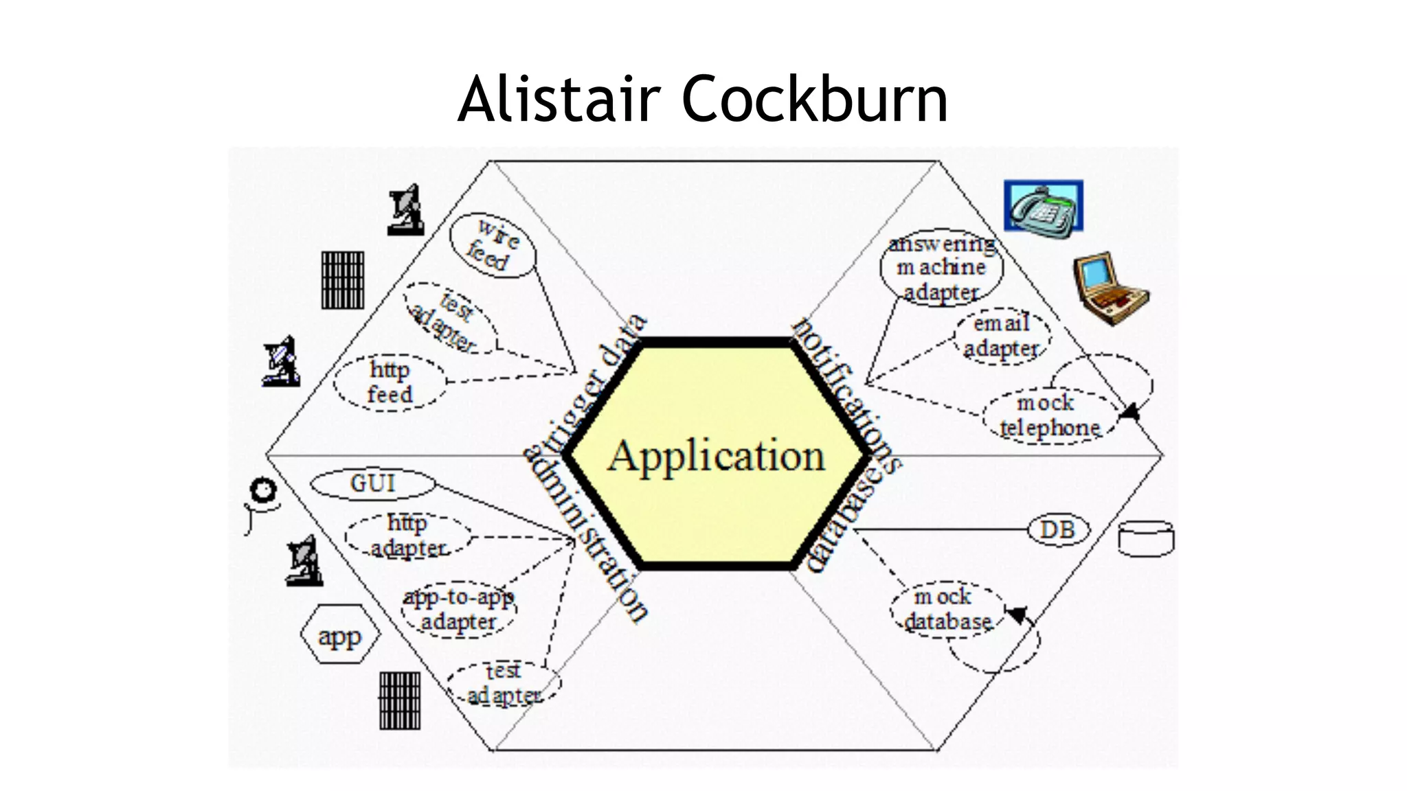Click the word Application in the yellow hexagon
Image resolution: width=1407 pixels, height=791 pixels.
point(716,456)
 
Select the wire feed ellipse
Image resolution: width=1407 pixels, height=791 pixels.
point(493,245)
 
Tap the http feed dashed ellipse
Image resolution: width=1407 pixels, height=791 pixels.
point(390,382)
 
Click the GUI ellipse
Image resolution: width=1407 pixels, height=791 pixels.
point(372,483)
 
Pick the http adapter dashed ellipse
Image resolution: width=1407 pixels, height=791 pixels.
point(408,536)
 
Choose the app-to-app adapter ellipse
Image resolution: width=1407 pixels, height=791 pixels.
point(458,609)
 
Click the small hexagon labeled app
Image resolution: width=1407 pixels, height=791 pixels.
point(340,634)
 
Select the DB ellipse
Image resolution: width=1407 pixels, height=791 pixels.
point(1058,530)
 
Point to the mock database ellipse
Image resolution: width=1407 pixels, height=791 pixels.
point(947,610)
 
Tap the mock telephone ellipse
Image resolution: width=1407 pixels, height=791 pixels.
point(1049,415)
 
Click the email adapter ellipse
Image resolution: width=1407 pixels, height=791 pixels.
point(1001,336)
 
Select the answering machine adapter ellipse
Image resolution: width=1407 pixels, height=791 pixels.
point(941,268)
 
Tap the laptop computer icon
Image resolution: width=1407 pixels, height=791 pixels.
point(1110,288)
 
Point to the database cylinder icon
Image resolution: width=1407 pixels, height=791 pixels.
point(1146,539)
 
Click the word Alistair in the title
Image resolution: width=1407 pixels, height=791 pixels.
point(559,100)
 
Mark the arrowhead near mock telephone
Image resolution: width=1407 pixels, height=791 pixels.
point(1129,412)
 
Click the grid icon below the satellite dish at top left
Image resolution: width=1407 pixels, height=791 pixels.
point(343,279)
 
